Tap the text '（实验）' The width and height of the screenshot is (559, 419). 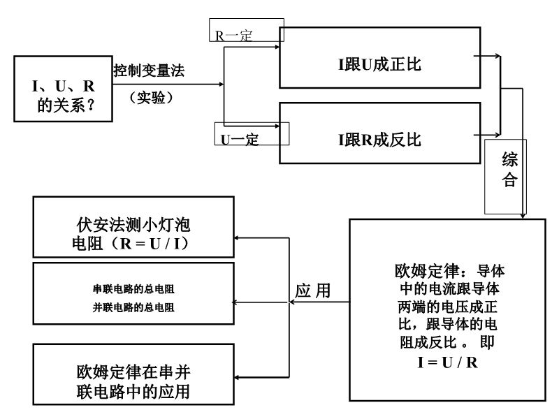(x=151, y=98)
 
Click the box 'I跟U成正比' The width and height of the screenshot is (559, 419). (x=379, y=66)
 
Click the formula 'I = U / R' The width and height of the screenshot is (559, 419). (x=445, y=363)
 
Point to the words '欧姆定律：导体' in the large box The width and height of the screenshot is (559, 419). (x=445, y=270)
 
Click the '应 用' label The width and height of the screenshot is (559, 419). (x=312, y=291)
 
